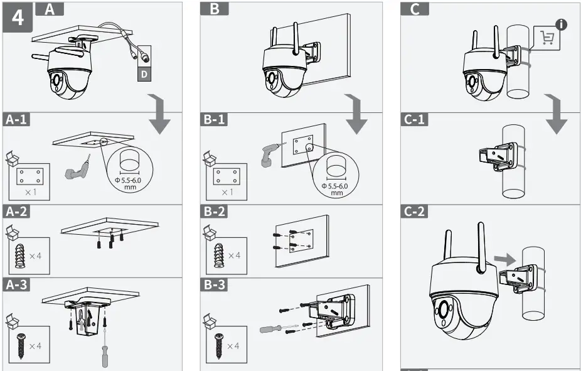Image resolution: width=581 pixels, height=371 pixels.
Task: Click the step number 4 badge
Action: click(18, 17)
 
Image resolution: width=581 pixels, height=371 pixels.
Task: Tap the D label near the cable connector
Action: click(144, 74)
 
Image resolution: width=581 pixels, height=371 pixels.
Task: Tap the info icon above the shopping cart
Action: click(561, 24)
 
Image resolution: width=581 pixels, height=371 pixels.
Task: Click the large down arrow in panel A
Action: click(161, 116)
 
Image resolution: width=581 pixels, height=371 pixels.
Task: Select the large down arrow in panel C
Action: click(556, 116)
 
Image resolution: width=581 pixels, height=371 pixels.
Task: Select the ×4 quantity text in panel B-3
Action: click(233, 346)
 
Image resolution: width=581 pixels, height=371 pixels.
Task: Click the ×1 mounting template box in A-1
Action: click(29, 180)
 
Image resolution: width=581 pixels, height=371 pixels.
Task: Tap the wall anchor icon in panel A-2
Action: click(21, 255)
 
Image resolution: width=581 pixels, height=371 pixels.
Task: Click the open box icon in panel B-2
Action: click(208, 234)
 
